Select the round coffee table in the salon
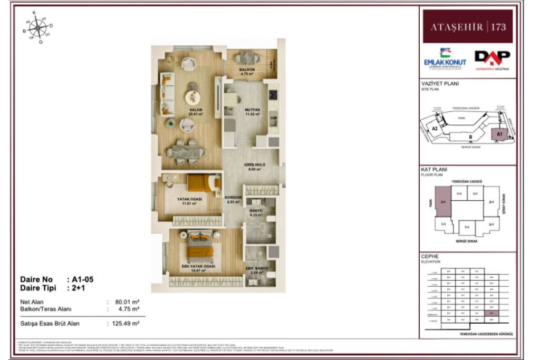coord(192,98)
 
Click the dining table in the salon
coord(186,152)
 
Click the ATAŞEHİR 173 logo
coord(467,26)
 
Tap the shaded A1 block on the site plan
coord(499,135)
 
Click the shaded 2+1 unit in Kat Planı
coord(443,201)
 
